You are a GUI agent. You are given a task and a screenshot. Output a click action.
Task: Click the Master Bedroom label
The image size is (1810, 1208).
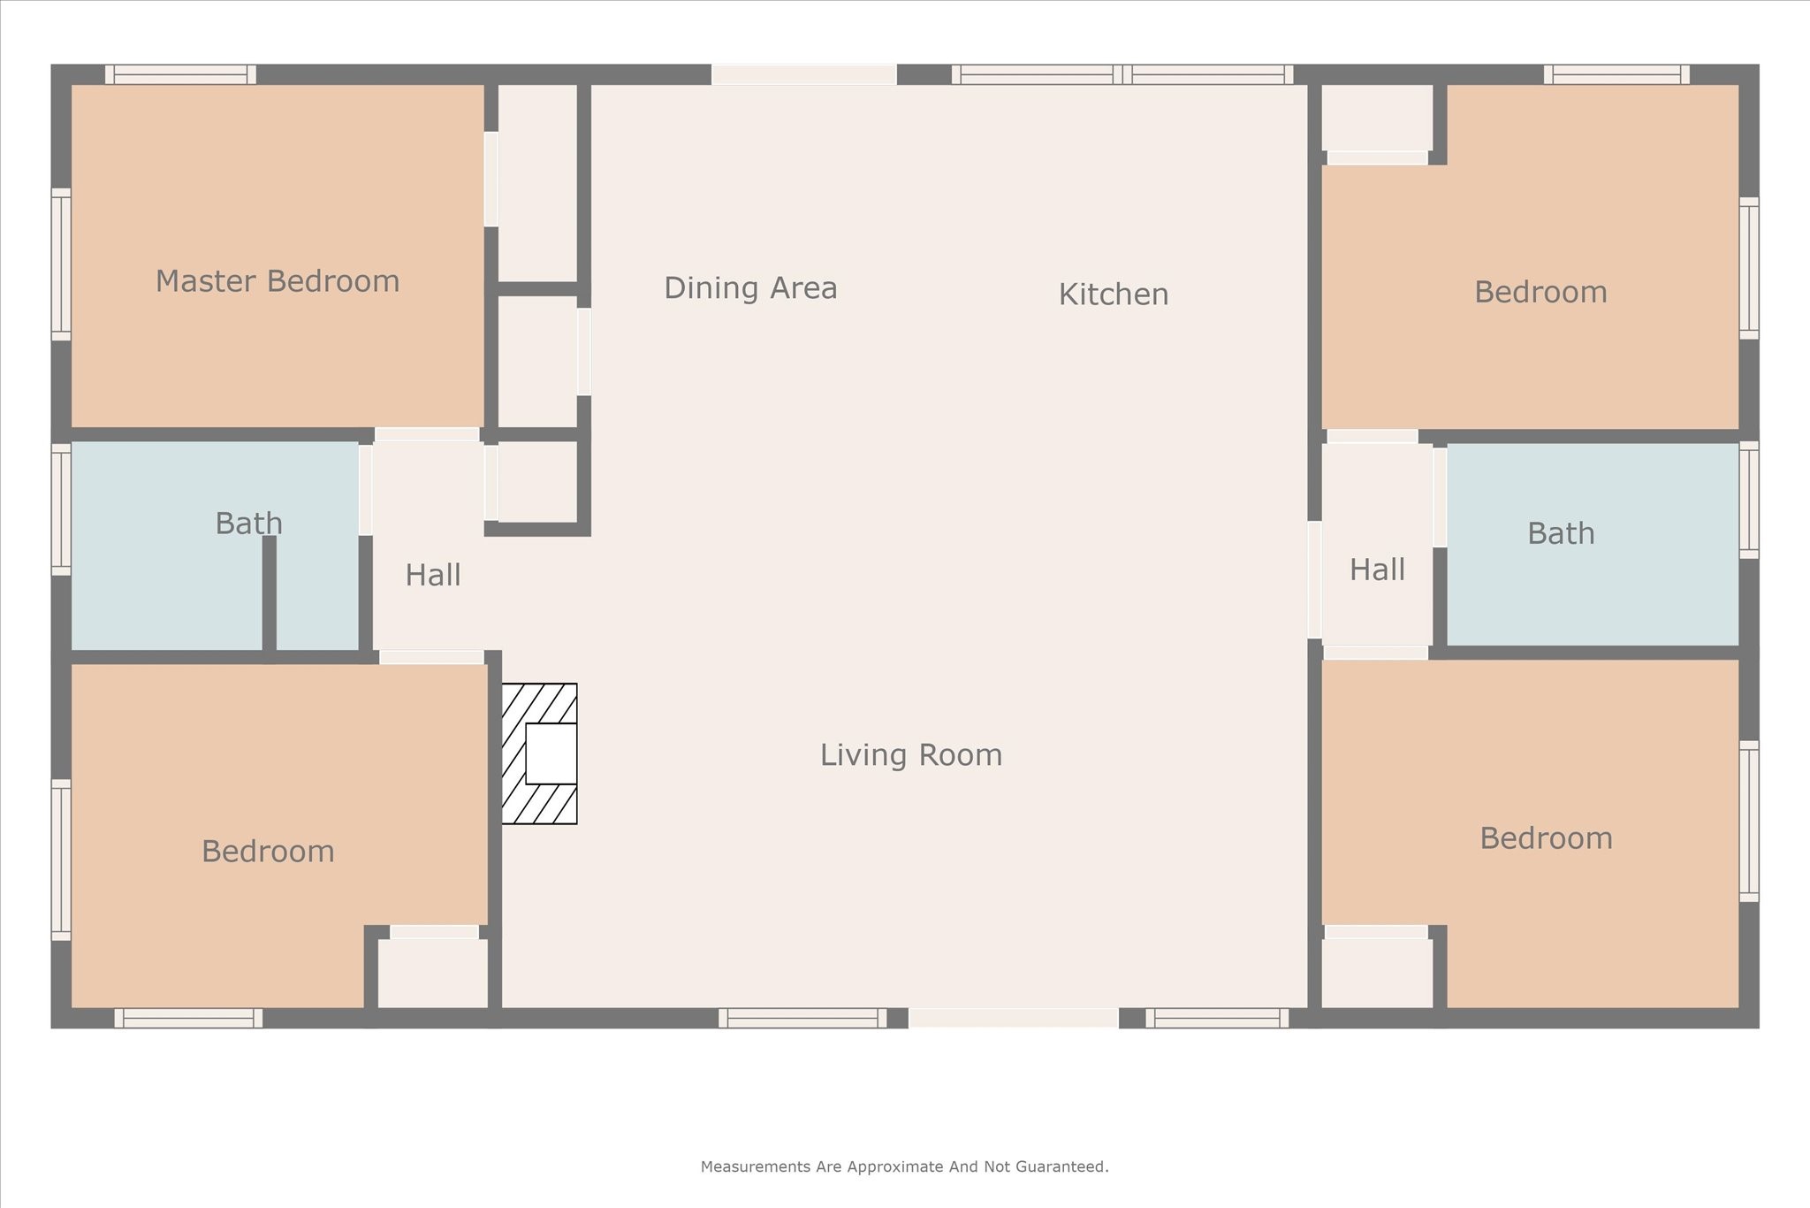click(x=278, y=281)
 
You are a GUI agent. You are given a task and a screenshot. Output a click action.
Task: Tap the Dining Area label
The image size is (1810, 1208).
click(x=750, y=288)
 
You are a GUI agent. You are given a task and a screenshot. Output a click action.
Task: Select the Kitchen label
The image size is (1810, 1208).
click(x=1114, y=294)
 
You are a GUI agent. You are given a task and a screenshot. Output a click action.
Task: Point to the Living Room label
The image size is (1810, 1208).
click(x=911, y=755)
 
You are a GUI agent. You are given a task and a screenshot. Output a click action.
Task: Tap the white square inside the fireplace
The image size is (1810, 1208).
click(x=551, y=753)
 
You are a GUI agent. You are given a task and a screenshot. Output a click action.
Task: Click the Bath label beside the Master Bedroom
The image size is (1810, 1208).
click(x=249, y=524)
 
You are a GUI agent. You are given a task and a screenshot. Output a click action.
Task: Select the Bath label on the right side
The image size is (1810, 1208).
click(x=1561, y=534)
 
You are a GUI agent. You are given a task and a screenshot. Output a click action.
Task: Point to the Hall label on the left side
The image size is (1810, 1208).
click(x=433, y=576)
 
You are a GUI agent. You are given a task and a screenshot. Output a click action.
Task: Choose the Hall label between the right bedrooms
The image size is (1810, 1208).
click(x=1377, y=570)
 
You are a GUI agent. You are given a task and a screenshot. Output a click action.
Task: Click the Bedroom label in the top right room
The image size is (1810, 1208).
click(x=1540, y=293)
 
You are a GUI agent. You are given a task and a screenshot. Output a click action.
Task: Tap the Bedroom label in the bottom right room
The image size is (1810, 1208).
click(x=1546, y=838)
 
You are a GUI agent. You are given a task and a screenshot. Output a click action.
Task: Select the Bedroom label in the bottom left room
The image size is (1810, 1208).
click(x=268, y=852)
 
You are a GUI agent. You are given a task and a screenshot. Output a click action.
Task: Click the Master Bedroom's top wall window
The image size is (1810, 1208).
click(x=180, y=75)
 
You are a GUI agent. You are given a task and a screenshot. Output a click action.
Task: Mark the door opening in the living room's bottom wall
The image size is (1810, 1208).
click(x=1014, y=1018)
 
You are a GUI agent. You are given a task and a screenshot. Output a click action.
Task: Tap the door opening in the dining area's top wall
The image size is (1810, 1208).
click(x=804, y=75)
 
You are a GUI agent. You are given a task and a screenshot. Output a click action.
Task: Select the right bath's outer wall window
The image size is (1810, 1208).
click(x=1748, y=500)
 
